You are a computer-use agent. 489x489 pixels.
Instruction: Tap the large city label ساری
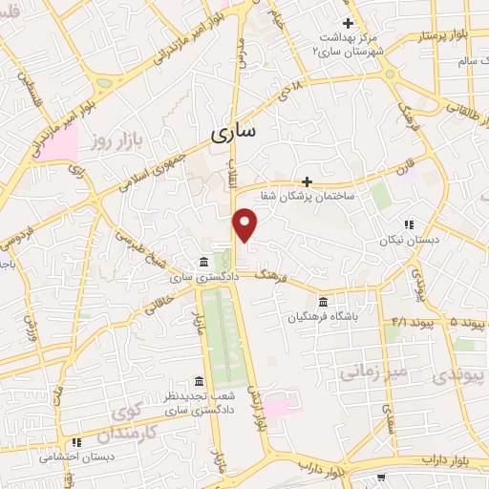click(232, 135)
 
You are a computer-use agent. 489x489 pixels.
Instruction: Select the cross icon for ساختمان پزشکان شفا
click(307, 181)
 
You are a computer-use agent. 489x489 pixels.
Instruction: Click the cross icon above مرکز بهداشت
click(348, 23)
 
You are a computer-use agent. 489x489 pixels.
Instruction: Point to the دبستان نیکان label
click(409, 241)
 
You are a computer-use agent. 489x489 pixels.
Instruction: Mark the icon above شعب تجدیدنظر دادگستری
click(199, 380)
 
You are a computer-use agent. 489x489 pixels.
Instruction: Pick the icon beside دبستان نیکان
click(408, 225)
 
